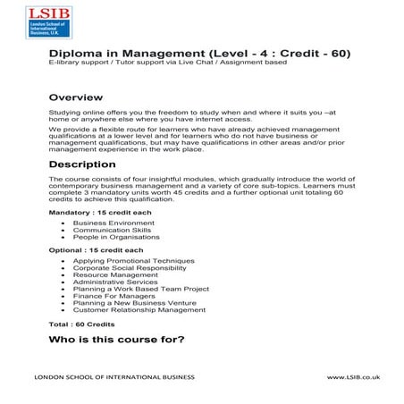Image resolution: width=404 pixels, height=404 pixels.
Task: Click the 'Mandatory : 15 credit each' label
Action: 88,211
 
